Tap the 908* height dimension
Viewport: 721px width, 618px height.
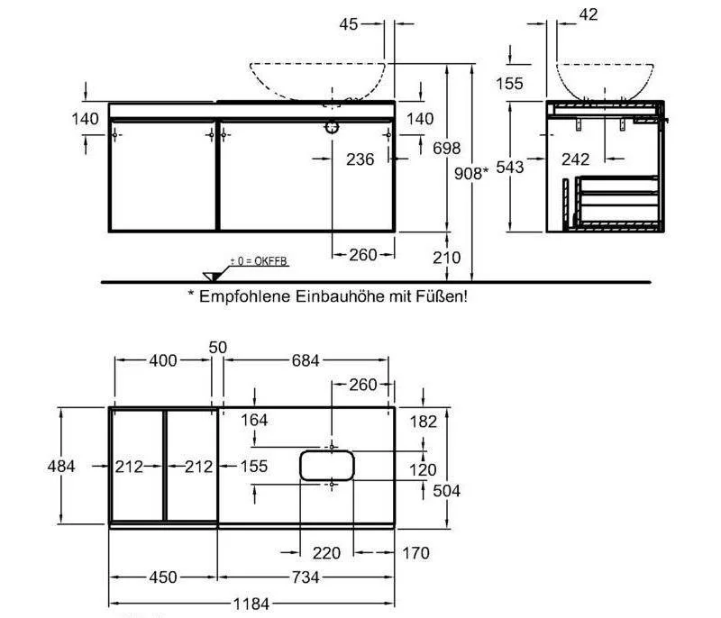[472, 173]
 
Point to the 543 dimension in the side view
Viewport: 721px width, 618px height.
[510, 168]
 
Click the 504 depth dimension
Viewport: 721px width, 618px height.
[448, 491]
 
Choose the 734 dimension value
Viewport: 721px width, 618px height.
[305, 577]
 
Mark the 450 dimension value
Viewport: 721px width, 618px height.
[163, 577]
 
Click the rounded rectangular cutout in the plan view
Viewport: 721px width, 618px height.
[326, 465]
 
